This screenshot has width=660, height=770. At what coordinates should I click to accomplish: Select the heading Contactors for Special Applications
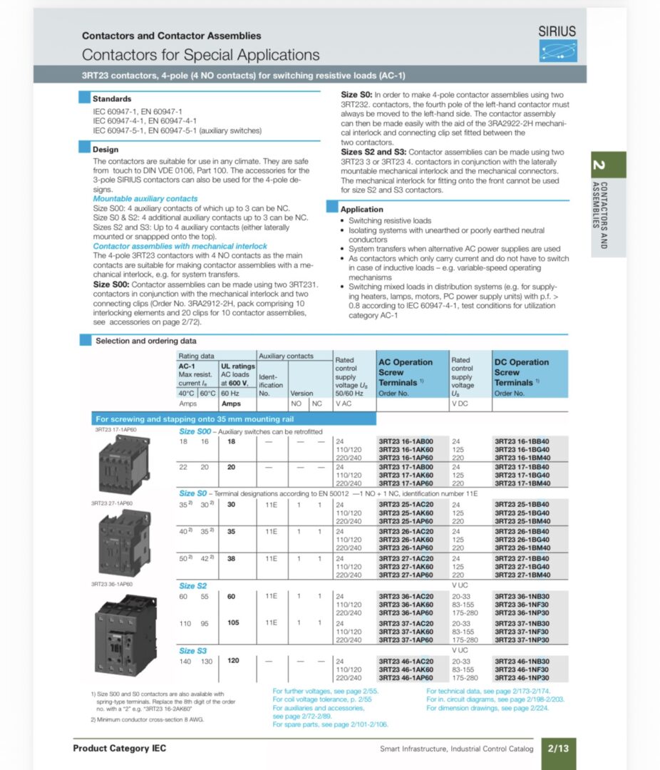point(200,55)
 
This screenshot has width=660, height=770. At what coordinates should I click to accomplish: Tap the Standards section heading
point(112,99)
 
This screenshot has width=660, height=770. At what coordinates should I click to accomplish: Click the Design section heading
point(105,150)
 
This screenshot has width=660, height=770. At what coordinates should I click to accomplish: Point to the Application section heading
point(361,210)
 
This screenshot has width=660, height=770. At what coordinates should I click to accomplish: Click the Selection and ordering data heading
point(145,341)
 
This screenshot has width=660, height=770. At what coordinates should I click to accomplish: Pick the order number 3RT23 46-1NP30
point(522,677)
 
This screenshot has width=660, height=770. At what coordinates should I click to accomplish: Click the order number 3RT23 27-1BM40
point(522,575)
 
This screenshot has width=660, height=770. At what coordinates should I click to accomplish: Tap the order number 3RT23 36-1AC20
point(405,596)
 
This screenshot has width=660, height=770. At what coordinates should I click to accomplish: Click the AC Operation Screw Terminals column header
point(406,372)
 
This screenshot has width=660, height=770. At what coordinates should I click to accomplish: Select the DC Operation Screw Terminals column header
point(522,372)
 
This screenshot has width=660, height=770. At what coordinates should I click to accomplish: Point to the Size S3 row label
point(192,651)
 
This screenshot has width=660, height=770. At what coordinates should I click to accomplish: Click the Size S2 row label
point(192,586)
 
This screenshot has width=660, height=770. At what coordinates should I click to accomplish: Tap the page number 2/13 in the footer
point(559,749)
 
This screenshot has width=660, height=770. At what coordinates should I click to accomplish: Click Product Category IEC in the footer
point(119,749)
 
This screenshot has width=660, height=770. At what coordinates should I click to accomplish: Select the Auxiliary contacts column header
point(285,355)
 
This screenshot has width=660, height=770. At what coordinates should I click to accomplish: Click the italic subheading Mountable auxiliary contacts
point(145,199)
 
